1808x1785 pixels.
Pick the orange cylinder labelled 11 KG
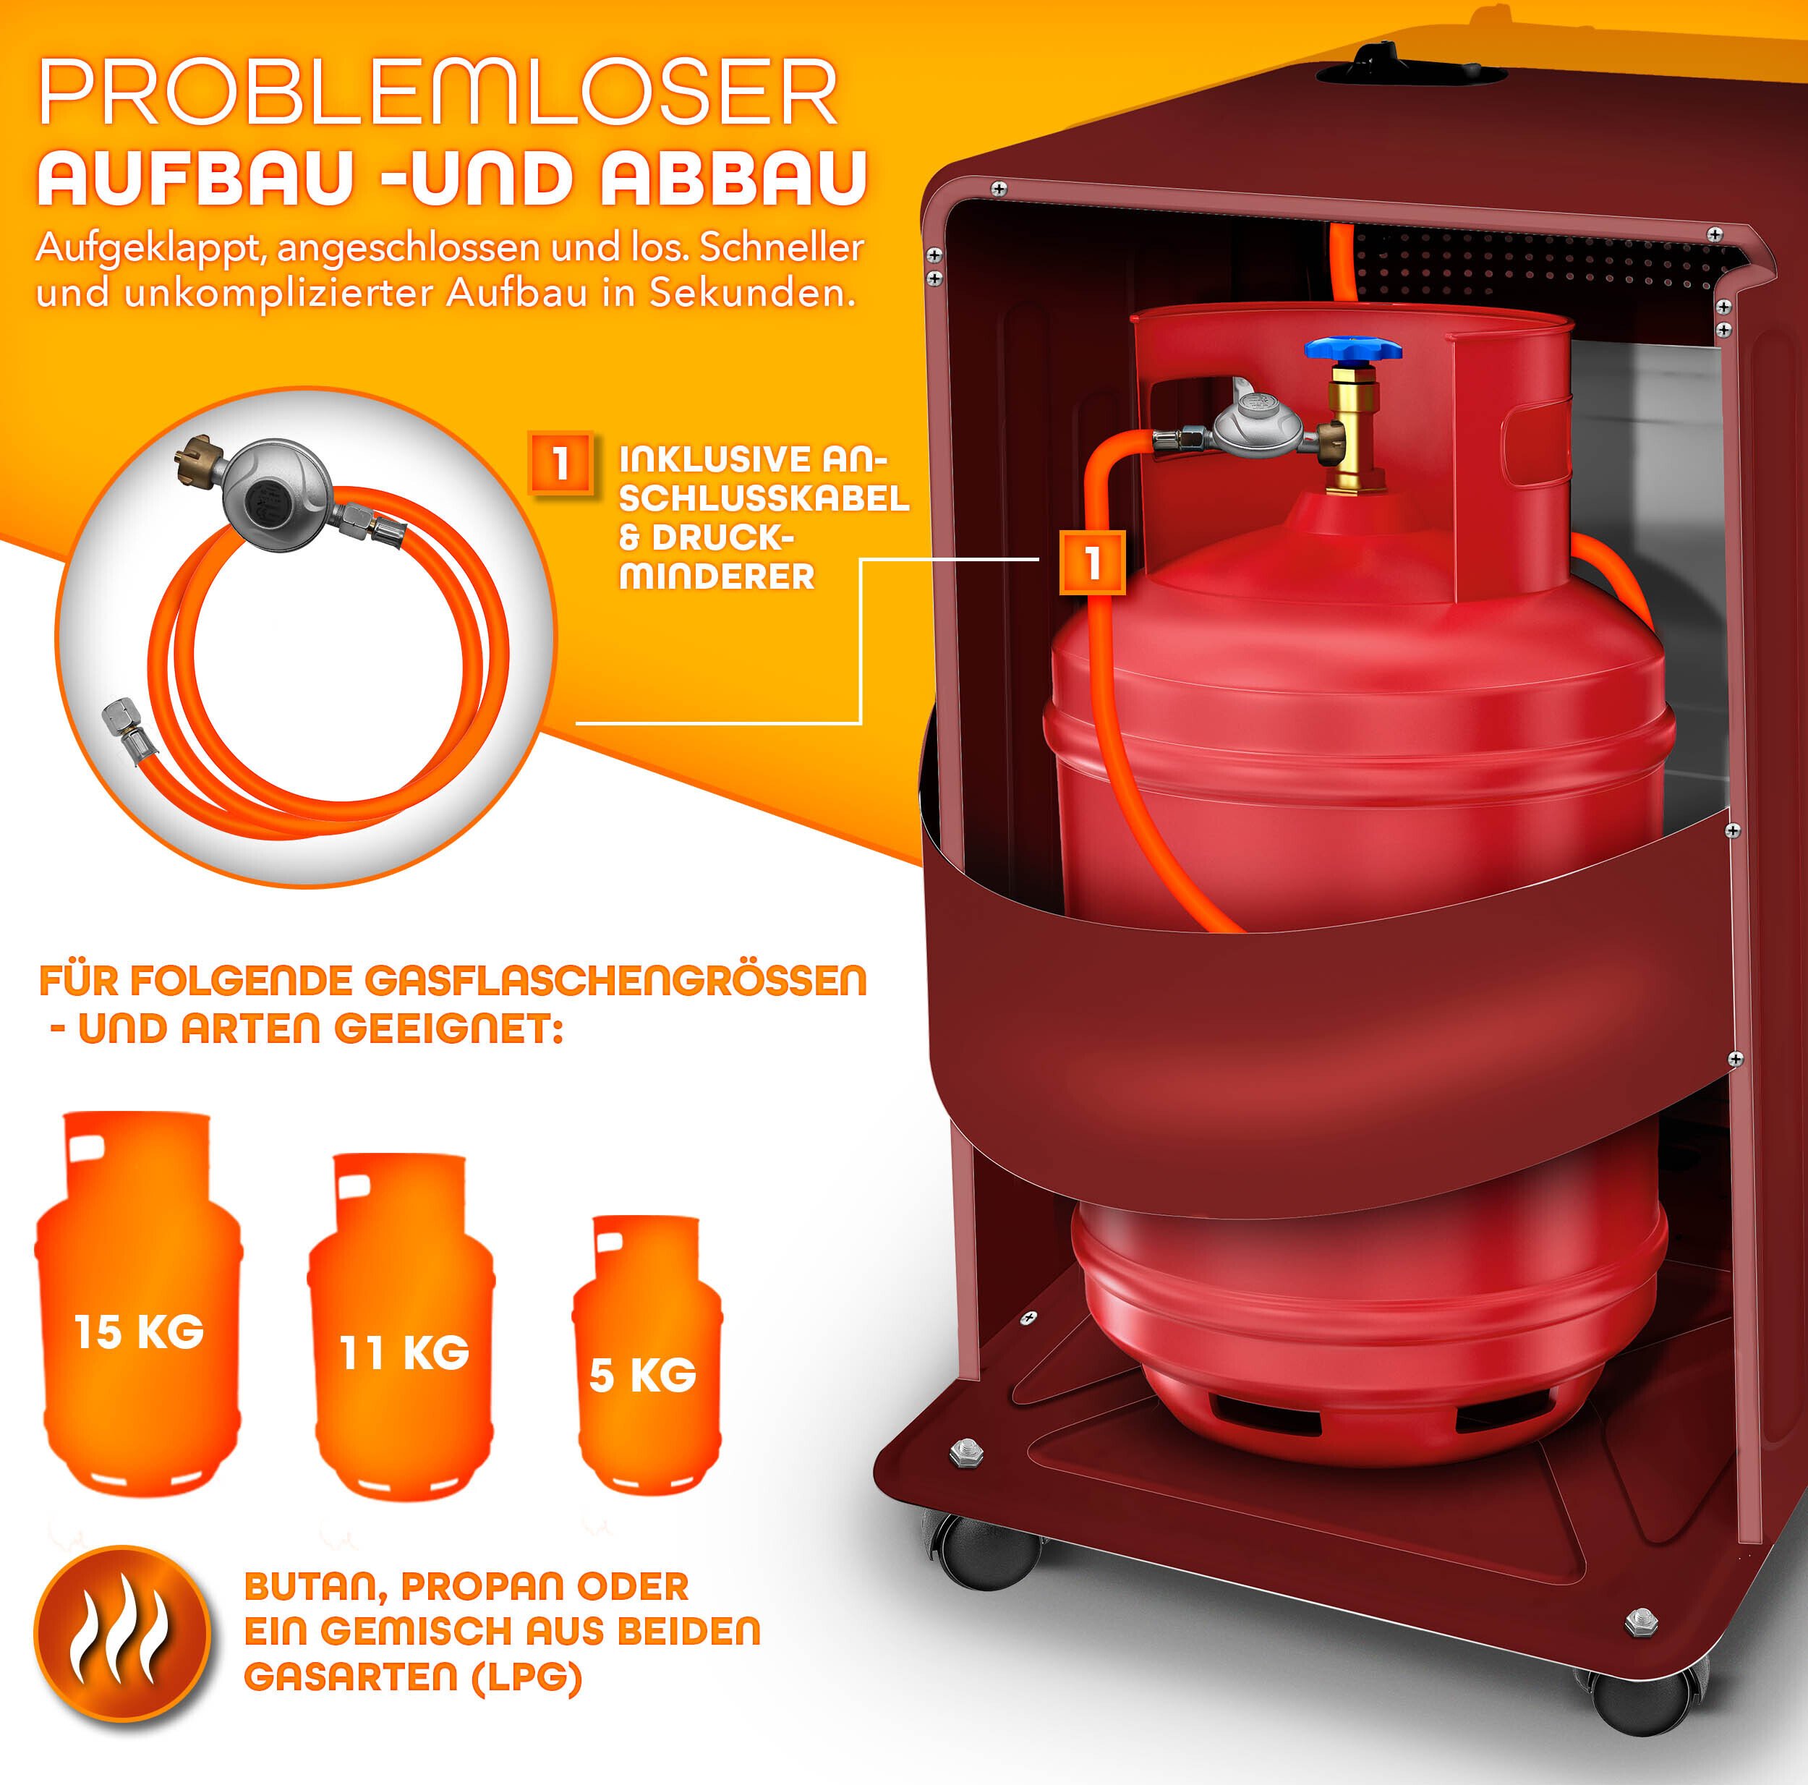[401, 1324]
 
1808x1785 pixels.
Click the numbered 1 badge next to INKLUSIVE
[560, 462]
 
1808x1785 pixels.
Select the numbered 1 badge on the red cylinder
[1092, 563]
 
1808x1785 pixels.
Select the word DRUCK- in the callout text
[707, 538]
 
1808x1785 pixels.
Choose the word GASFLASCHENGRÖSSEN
[615, 981]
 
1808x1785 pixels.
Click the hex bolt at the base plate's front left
[965, 1452]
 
